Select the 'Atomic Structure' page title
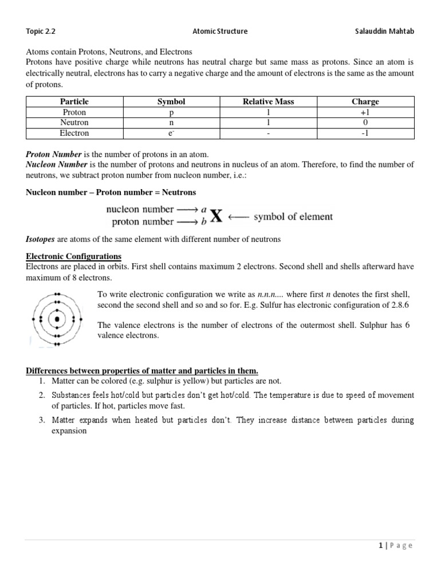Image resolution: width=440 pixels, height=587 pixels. (220, 31)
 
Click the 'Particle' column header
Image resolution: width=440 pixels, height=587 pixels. (74, 101)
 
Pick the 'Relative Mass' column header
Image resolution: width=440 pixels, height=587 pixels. (268, 101)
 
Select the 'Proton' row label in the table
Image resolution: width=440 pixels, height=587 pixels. (74, 112)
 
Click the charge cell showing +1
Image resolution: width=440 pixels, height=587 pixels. (366, 112)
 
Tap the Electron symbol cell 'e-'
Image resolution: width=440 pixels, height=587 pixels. (171, 133)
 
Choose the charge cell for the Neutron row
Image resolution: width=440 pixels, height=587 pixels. (366, 123)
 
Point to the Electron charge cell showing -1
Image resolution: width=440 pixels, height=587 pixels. (366, 133)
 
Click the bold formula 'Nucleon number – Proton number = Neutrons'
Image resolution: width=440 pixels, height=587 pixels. (111, 192)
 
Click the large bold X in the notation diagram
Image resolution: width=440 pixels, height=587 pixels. (215, 217)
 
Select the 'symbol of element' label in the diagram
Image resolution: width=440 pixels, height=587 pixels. (293, 217)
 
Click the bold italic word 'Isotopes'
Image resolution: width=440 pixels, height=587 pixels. (40, 239)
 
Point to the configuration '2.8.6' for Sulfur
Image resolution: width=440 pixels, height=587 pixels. (403, 304)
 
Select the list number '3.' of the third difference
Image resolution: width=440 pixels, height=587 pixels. (42, 420)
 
